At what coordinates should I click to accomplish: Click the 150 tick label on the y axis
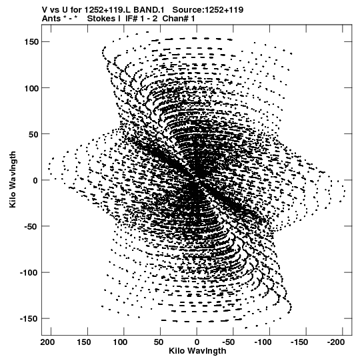pyautogui.click(x=31, y=42)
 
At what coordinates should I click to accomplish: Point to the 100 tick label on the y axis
pyautogui.click(x=31, y=88)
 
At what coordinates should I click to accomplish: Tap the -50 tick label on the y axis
pyautogui.click(x=31, y=227)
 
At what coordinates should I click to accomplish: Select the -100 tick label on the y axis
pyautogui.click(x=29, y=273)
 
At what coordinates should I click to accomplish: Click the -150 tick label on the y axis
pyautogui.click(x=29, y=319)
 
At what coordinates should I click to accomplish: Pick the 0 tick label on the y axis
pyautogui.click(x=35, y=180)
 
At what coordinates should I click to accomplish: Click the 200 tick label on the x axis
pyautogui.click(x=47, y=342)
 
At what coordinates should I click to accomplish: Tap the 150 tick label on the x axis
pyautogui.click(x=84, y=342)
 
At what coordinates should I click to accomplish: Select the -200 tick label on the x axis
pyautogui.click(x=336, y=342)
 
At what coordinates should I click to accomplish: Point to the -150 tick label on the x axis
pyautogui.click(x=299, y=342)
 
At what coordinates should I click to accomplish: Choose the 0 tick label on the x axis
pyautogui.click(x=197, y=342)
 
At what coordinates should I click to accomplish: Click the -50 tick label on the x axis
pyautogui.click(x=229, y=342)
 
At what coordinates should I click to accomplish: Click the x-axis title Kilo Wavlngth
pyautogui.click(x=197, y=351)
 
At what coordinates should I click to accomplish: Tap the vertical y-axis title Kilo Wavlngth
pyautogui.click(x=13, y=179)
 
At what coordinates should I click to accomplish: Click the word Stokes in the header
pyautogui.click(x=103, y=19)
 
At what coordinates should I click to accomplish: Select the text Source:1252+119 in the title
pyautogui.click(x=208, y=10)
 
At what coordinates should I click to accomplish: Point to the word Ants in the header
pyautogui.click(x=51, y=19)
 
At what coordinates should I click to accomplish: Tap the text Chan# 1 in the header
pyautogui.click(x=179, y=19)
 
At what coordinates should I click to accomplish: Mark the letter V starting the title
pyautogui.click(x=45, y=10)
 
